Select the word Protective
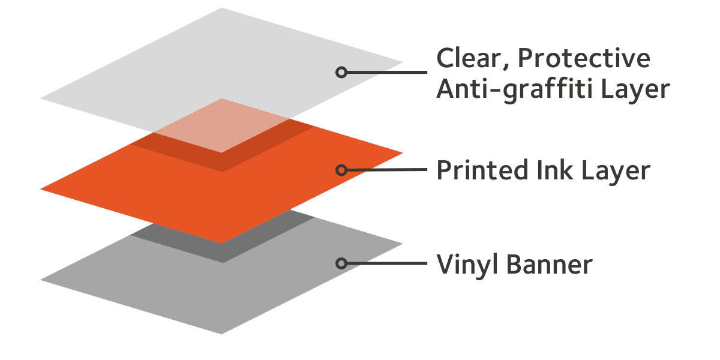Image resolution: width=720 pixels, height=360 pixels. (x=583, y=59)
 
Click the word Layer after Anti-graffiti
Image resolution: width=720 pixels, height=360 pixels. (x=635, y=89)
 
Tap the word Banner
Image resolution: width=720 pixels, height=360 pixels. (x=550, y=263)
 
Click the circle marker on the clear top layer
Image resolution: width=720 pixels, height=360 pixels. (x=341, y=73)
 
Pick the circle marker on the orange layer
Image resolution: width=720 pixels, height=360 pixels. (x=341, y=170)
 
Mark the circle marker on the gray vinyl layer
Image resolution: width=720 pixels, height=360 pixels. (x=341, y=263)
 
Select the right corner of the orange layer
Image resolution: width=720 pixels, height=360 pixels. (x=401, y=152)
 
